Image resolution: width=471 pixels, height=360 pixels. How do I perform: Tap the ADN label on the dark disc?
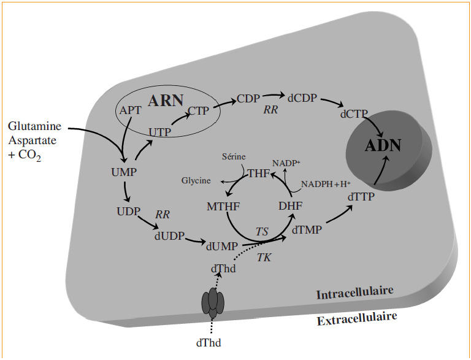click(383, 145)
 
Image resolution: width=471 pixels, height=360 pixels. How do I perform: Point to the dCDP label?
click(301, 98)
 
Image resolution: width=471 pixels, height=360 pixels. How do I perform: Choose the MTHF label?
click(223, 207)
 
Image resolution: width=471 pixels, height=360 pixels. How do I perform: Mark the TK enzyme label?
click(264, 258)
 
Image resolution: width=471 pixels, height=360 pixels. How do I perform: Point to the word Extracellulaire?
click(356, 319)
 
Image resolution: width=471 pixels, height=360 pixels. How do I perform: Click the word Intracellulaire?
click(354, 293)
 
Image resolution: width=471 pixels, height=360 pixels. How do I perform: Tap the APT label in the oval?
click(130, 111)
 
